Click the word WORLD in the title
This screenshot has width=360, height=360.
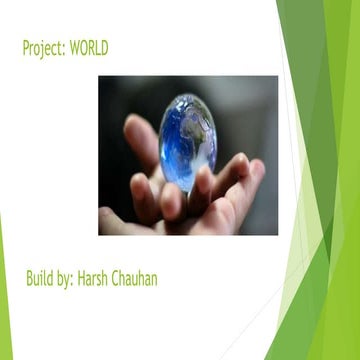pos(89,48)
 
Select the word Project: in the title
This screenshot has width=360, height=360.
pos(44,48)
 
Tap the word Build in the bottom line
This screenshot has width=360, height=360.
pos(40,278)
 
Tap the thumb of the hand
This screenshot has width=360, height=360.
pos(140,140)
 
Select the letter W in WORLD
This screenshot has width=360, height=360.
pos(75,48)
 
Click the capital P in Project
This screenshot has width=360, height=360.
pos(25,48)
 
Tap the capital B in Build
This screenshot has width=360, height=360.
pos(30,278)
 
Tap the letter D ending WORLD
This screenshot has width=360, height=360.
pos(104,48)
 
